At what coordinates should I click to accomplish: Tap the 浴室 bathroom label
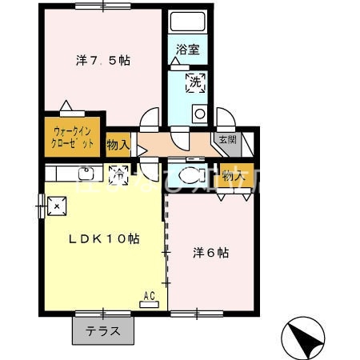pos(189,50)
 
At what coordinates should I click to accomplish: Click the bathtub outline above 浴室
pos(189,24)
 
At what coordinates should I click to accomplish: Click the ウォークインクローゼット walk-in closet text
pos(74,137)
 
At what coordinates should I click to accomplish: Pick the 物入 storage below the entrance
pos(233,175)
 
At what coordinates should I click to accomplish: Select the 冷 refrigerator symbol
pos(118,172)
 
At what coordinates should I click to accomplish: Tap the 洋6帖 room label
pos(211,253)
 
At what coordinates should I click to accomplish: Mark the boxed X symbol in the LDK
pos(57,206)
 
